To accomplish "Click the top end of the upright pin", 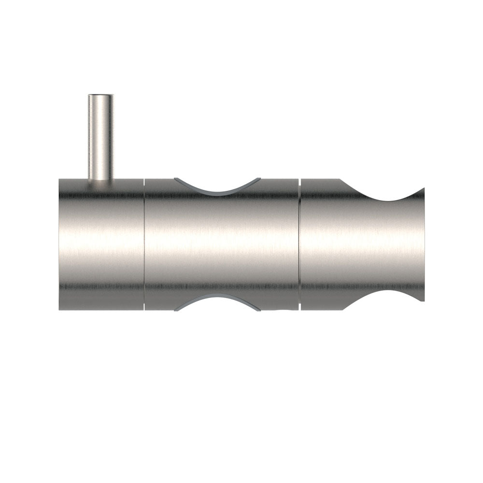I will click(x=100, y=96).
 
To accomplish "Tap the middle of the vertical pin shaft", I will click(x=100, y=138).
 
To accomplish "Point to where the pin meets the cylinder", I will click(x=100, y=179).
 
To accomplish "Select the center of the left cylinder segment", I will click(x=101, y=244).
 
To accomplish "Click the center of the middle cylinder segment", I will click(x=221, y=244).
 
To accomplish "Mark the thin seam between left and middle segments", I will click(x=144, y=244).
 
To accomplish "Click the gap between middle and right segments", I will click(x=299, y=244).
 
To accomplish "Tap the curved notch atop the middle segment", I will click(x=217, y=186).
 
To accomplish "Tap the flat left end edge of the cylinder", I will click(x=59, y=244).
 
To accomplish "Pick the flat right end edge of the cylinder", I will click(x=424, y=244).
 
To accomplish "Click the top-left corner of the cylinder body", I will click(x=60, y=180).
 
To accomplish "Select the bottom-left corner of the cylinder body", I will click(x=60, y=309).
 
